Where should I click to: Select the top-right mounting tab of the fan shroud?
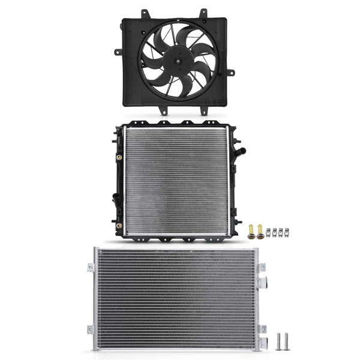click(x=203, y=13)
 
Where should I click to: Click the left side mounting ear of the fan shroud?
click(x=117, y=52)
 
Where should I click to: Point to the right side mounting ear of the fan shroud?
click(x=230, y=73)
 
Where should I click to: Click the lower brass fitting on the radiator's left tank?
click(x=119, y=225)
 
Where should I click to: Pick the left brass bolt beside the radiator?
click(x=251, y=231)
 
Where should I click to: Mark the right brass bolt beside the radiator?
click(x=260, y=231)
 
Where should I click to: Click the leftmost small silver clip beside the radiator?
click(x=268, y=232)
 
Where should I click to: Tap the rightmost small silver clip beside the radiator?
click(x=286, y=232)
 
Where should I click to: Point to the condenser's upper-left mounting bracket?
click(x=91, y=268)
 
